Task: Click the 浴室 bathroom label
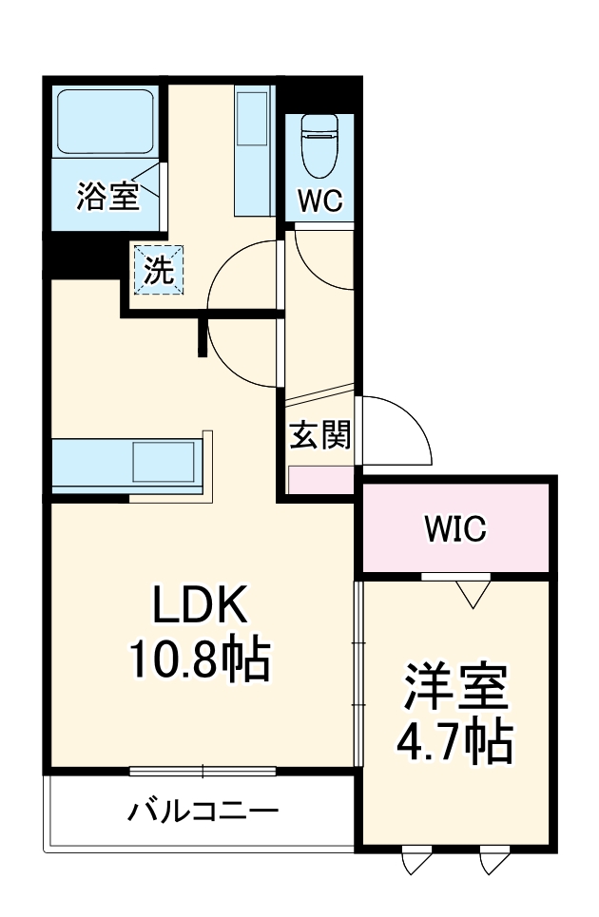[106, 196]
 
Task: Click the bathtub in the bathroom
[105, 124]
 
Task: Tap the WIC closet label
[454, 529]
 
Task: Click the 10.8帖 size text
[201, 658]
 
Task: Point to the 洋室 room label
[454, 687]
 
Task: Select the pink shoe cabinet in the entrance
[320, 480]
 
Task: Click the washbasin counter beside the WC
[254, 152]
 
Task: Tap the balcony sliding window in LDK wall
[202, 771]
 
